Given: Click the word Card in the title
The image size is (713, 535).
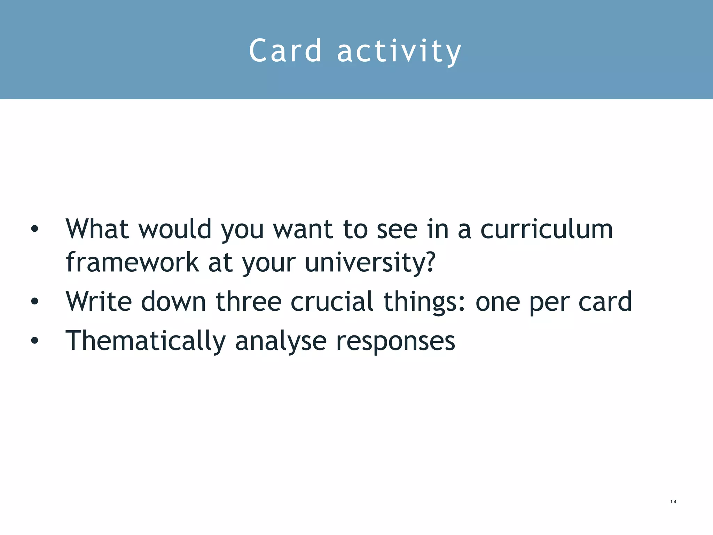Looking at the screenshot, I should tap(285, 51).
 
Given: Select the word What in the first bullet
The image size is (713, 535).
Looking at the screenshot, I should tap(97, 229).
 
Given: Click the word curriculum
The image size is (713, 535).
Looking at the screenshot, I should tap(547, 229).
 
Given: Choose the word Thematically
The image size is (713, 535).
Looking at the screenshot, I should tap(146, 341).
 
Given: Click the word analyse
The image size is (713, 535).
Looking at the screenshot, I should tap(281, 341).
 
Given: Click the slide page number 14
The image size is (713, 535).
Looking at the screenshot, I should tap(673, 502).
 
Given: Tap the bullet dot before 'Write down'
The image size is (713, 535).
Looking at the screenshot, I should tap(34, 301).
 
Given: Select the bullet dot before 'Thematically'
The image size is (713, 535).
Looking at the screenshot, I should tap(34, 341).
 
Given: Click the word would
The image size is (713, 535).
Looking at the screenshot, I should tap(175, 229).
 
